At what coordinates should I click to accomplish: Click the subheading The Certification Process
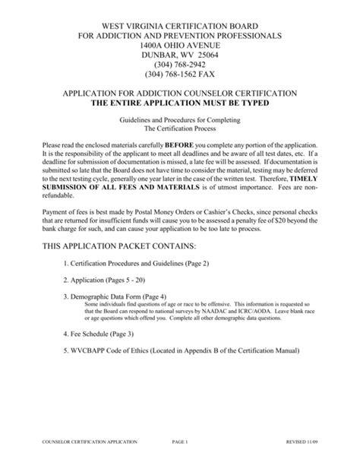pyautogui.click(x=180, y=129)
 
